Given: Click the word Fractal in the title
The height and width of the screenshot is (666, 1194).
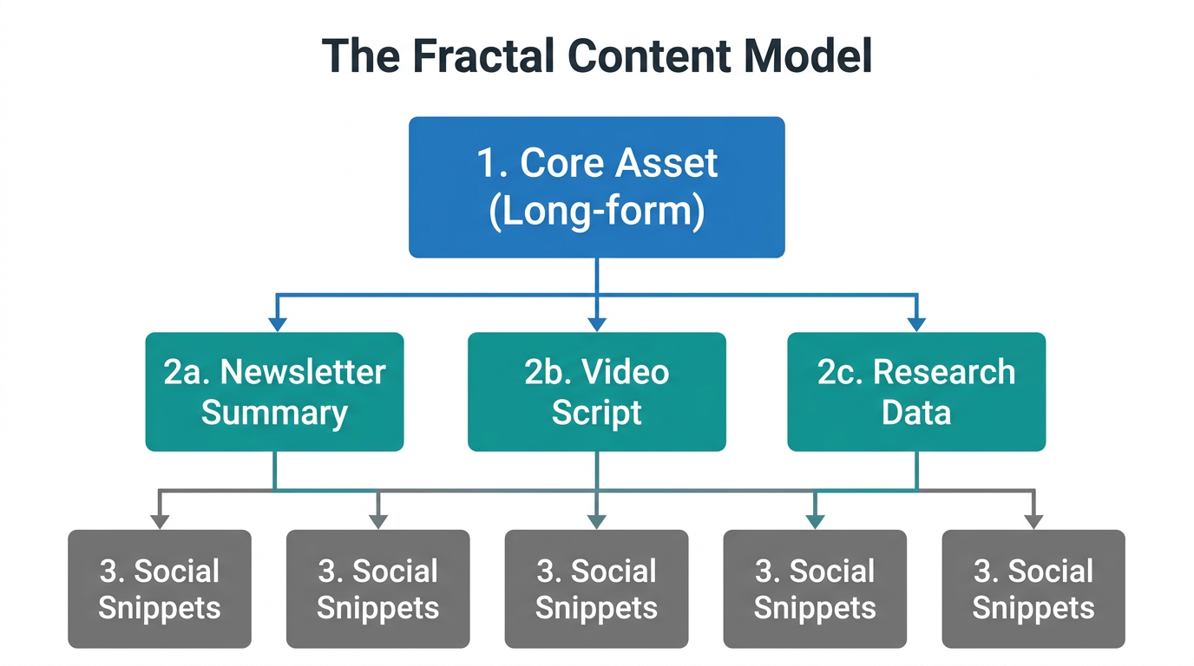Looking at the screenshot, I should click(x=482, y=56).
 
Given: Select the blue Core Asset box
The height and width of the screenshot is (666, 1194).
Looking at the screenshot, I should click(x=597, y=187).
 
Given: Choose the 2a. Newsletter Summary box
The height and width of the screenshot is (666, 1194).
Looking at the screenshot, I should click(x=274, y=392).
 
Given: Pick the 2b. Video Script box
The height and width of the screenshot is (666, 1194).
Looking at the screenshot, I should click(x=597, y=392).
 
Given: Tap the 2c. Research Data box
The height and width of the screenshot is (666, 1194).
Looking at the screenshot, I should click(x=916, y=392).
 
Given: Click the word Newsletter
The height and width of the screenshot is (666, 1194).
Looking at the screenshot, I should click(x=303, y=372).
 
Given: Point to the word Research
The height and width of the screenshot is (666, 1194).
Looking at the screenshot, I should click(x=944, y=372).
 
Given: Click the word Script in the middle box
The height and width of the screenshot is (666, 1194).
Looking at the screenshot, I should click(x=597, y=413).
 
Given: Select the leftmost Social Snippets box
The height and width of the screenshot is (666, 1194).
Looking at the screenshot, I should click(x=160, y=589).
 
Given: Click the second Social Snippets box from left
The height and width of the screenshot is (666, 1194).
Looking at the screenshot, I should click(x=378, y=589).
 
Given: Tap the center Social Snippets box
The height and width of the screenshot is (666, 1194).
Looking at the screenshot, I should click(x=597, y=589).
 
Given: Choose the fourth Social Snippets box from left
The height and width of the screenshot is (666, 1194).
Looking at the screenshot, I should click(x=815, y=589).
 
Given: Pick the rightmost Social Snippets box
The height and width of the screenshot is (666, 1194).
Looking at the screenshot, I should click(x=1033, y=589).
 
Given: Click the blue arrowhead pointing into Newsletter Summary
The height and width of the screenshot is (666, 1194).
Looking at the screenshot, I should click(x=277, y=324).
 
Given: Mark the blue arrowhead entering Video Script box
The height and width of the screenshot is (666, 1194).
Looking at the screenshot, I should click(x=597, y=324).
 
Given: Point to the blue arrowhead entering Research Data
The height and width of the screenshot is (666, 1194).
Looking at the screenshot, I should click(x=916, y=324).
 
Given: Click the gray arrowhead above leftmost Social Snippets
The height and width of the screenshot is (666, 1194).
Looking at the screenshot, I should click(x=160, y=521).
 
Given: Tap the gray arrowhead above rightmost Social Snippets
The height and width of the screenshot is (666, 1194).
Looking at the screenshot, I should click(x=1033, y=521).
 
